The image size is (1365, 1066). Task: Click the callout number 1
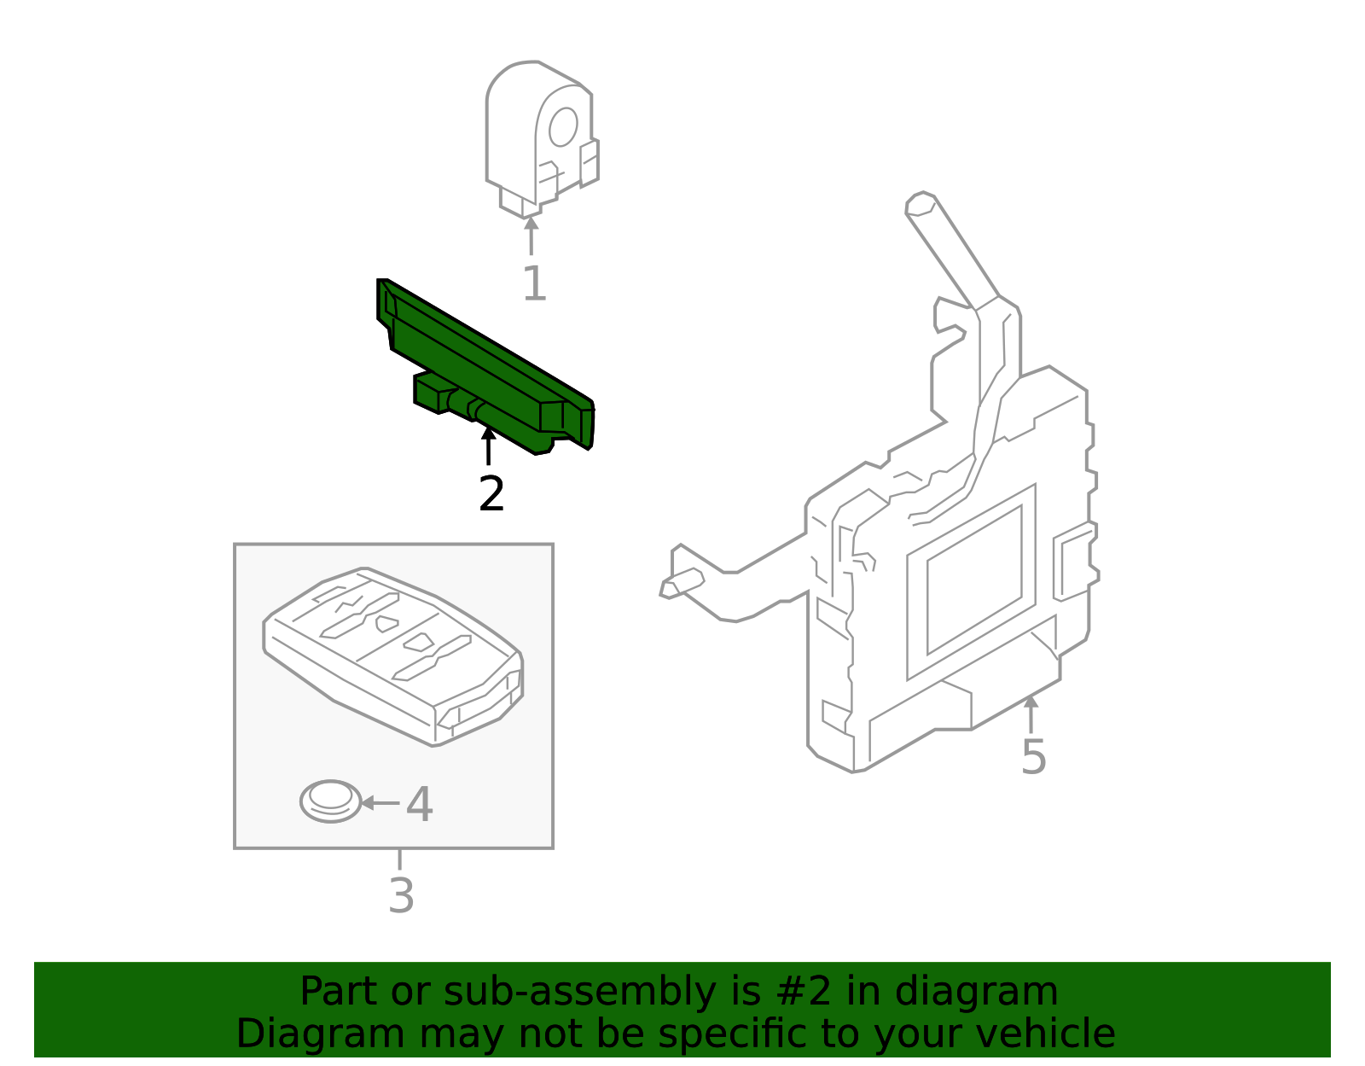534,283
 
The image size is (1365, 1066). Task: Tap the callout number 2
491,494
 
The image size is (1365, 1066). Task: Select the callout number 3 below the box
401,896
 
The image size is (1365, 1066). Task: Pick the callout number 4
419,804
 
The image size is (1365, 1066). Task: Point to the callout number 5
1033,757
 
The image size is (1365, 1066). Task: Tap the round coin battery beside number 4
331,801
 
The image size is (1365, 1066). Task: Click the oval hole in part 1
563,127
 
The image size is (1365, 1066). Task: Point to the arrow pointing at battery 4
380,803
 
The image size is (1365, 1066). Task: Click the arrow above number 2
488,446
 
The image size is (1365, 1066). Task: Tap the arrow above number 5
1031,714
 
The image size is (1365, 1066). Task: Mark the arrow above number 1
531,235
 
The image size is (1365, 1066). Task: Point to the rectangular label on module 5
973,580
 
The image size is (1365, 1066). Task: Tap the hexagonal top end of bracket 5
921,203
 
